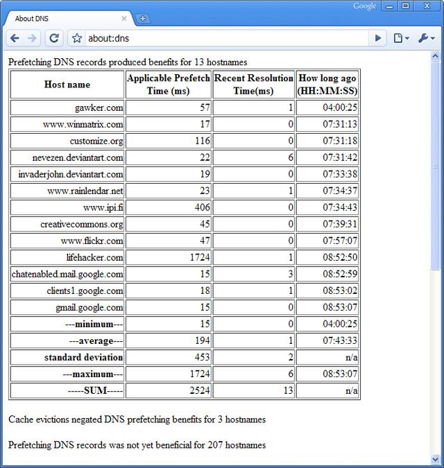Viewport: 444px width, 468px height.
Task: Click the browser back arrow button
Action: point(15,38)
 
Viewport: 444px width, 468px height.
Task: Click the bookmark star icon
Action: point(77,38)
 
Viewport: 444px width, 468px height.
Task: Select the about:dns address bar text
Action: point(108,38)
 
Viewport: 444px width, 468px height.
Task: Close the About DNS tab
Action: point(125,19)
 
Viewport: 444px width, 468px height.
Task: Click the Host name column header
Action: point(67,85)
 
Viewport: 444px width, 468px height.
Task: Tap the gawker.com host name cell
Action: point(99,107)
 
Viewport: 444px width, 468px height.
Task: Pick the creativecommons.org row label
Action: point(82,224)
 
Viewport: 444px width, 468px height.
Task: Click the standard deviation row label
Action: point(83,357)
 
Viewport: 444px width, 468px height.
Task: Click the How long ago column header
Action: point(327,85)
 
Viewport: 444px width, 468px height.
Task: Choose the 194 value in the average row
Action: point(202,340)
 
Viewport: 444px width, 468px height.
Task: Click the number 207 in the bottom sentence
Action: point(215,444)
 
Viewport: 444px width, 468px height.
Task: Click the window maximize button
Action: point(406,6)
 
